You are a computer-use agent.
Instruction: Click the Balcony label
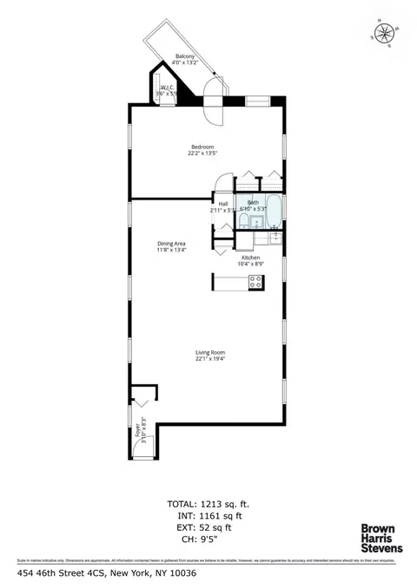[x=184, y=58]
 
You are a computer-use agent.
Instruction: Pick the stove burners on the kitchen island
[x=256, y=282]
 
